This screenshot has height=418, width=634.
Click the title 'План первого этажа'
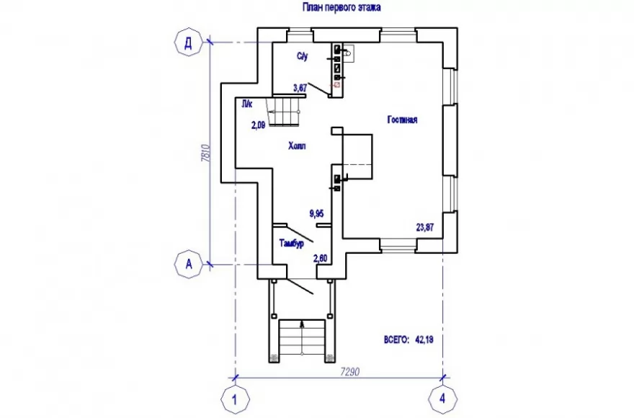(x=341, y=7)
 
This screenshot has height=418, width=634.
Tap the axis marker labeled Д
(x=189, y=43)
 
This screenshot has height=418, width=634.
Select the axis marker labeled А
(x=189, y=264)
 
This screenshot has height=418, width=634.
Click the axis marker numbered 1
(x=235, y=399)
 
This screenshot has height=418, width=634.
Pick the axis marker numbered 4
(x=443, y=399)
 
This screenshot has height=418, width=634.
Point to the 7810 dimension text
(x=205, y=154)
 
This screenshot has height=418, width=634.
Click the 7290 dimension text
(x=350, y=371)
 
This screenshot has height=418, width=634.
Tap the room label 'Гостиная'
(x=402, y=120)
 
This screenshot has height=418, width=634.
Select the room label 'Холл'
(x=297, y=146)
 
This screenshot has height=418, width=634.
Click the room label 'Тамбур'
(x=292, y=243)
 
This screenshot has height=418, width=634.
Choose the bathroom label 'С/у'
(x=303, y=56)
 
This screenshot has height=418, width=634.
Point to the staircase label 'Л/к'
(x=247, y=104)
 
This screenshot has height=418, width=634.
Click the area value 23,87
(x=425, y=228)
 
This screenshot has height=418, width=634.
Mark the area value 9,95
(x=317, y=213)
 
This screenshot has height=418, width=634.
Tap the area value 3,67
(x=300, y=87)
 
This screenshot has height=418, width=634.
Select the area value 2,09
(x=259, y=125)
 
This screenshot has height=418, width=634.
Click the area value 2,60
(x=320, y=258)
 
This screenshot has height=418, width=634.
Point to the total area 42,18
(x=424, y=339)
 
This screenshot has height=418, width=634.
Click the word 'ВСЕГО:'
(x=397, y=339)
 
